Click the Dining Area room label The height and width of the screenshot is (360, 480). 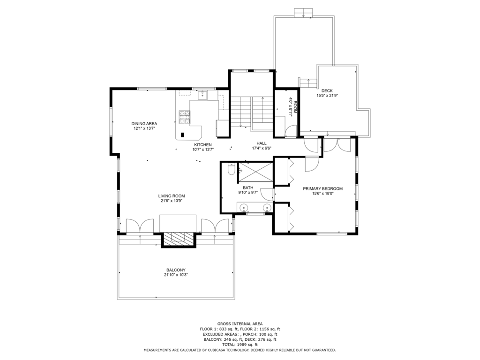(144, 124)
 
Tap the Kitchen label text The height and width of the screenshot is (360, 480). (202, 145)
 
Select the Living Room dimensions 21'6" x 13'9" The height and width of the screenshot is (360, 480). (172, 201)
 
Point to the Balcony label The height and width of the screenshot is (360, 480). (176, 270)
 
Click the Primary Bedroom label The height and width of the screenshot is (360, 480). (322, 188)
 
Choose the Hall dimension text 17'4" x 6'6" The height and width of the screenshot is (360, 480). (262, 148)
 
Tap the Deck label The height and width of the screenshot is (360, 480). (327, 90)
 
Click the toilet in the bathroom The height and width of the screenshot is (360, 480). (232, 169)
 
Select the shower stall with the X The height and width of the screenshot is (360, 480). (255, 172)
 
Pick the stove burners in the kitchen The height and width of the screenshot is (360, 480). (185, 117)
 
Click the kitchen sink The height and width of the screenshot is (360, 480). (202, 96)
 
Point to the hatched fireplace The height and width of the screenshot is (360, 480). (179, 240)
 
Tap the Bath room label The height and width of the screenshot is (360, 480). (248, 187)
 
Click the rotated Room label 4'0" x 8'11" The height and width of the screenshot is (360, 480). (292, 106)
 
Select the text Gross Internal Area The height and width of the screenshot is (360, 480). (240, 323)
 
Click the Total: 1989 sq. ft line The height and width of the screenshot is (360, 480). (240, 345)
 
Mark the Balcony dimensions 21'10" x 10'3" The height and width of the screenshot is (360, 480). (176, 275)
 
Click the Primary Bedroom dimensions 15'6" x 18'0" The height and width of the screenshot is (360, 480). (322, 194)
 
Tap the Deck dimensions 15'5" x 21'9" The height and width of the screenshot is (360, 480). (327, 96)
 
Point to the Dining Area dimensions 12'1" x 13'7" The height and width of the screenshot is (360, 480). (144, 128)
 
